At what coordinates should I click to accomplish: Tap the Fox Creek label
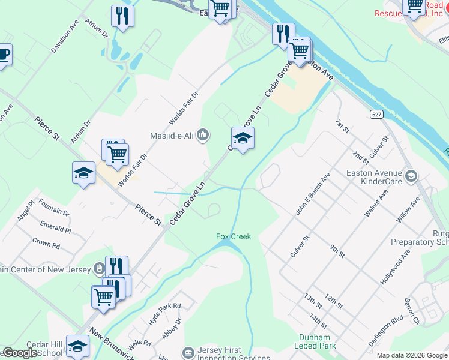tap(233, 236)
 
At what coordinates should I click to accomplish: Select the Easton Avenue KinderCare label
tap(376, 176)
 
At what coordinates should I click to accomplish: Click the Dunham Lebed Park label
tap(314, 341)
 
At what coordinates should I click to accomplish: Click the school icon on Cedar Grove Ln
tap(243, 139)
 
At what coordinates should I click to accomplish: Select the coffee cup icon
tap(3, 55)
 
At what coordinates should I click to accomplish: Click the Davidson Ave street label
tap(65, 38)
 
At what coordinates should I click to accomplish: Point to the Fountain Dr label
tap(55, 208)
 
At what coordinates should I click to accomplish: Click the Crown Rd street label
tap(46, 245)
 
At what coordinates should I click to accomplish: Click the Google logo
tap(20, 353)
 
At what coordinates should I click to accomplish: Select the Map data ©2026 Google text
tap(411, 355)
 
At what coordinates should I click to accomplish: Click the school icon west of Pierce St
tap(83, 173)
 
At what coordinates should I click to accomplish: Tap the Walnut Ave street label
tap(376, 203)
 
